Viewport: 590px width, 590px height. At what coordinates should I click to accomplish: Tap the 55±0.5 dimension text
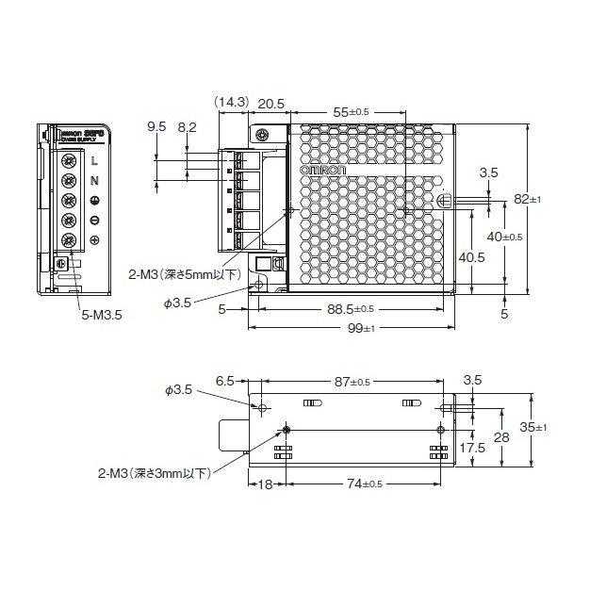pyautogui.click(x=351, y=112)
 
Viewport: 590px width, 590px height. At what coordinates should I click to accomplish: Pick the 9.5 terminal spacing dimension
pyautogui.click(x=156, y=125)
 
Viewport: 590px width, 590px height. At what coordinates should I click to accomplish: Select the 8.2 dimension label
pyautogui.click(x=187, y=125)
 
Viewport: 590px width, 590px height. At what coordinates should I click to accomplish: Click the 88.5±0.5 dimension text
pyautogui.click(x=351, y=309)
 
